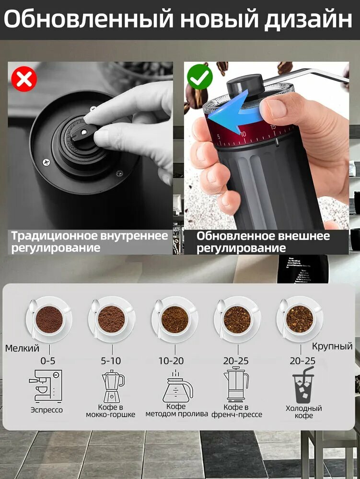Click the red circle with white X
coord(24,79)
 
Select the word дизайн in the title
coord(308,20)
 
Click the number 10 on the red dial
coord(243,134)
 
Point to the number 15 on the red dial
coord(273,126)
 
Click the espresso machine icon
coord(46,386)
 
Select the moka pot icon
coord(113,386)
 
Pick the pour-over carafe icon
coord(177,386)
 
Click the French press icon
coord(236,384)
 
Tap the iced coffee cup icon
coord(303,385)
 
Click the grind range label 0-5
coord(48,361)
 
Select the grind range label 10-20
coord(171,361)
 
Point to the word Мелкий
coord(23,348)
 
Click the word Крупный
coord(332,346)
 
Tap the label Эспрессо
coord(47,410)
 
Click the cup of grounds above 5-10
coord(112,319)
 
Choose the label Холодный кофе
coord(304,412)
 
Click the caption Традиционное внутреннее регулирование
coord(90,241)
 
